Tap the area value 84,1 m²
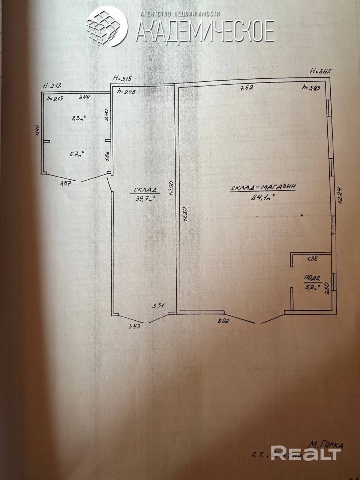pyautogui.click(x=263, y=198)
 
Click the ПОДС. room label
pyautogui.click(x=312, y=279)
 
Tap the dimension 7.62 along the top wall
pyautogui.click(x=247, y=88)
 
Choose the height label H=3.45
pyautogui.click(x=321, y=70)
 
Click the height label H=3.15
pyautogui.click(x=124, y=78)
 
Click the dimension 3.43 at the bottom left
pyautogui.click(x=134, y=326)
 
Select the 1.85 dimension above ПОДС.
pyautogui.click(x=312, y=259)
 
